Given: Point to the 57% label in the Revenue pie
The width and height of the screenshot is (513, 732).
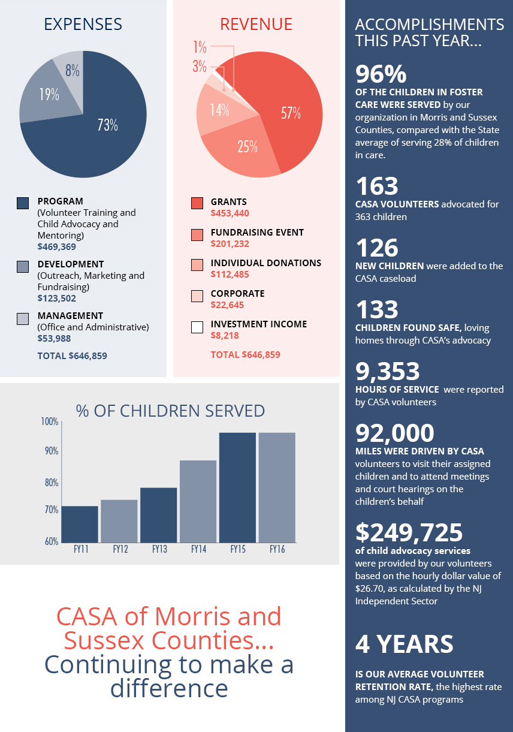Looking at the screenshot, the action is [x=291, y=113].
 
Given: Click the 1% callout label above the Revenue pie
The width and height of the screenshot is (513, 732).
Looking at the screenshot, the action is [x=200, y=47].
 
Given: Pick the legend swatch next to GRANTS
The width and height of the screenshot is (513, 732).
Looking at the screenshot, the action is [x=197, y=203].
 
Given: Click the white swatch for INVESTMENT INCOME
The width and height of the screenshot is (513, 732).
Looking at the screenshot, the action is [x=197, y=327].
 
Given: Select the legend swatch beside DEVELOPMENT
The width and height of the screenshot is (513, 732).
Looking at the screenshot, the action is [x=23, y=267].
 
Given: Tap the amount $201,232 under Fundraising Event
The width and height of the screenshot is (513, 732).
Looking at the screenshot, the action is [x=230, y=244].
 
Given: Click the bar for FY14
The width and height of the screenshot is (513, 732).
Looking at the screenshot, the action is [x=198, y=501].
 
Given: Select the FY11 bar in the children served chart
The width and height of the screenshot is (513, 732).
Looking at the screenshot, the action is [x=80, y=524].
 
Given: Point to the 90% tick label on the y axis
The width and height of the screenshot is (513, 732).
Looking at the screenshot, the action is [x=52, y=451].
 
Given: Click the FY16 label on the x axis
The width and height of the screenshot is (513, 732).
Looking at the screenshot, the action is [x=277, y=549].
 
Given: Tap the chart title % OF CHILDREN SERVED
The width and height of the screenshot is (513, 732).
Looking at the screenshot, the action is [x=170, y=411].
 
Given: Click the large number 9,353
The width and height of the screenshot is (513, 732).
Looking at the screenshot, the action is [x=388, y=372].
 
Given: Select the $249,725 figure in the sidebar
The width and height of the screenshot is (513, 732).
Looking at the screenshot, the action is [x=409, y=532].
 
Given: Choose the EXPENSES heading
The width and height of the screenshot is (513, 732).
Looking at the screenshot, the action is [x=83, y=24].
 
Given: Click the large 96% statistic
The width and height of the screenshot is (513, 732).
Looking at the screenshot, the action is [x=381, y=74].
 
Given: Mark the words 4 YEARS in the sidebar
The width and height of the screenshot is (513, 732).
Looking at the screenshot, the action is [x=405, y=644].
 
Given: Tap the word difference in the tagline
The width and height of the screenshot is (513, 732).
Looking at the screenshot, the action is [x=169, y=688].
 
